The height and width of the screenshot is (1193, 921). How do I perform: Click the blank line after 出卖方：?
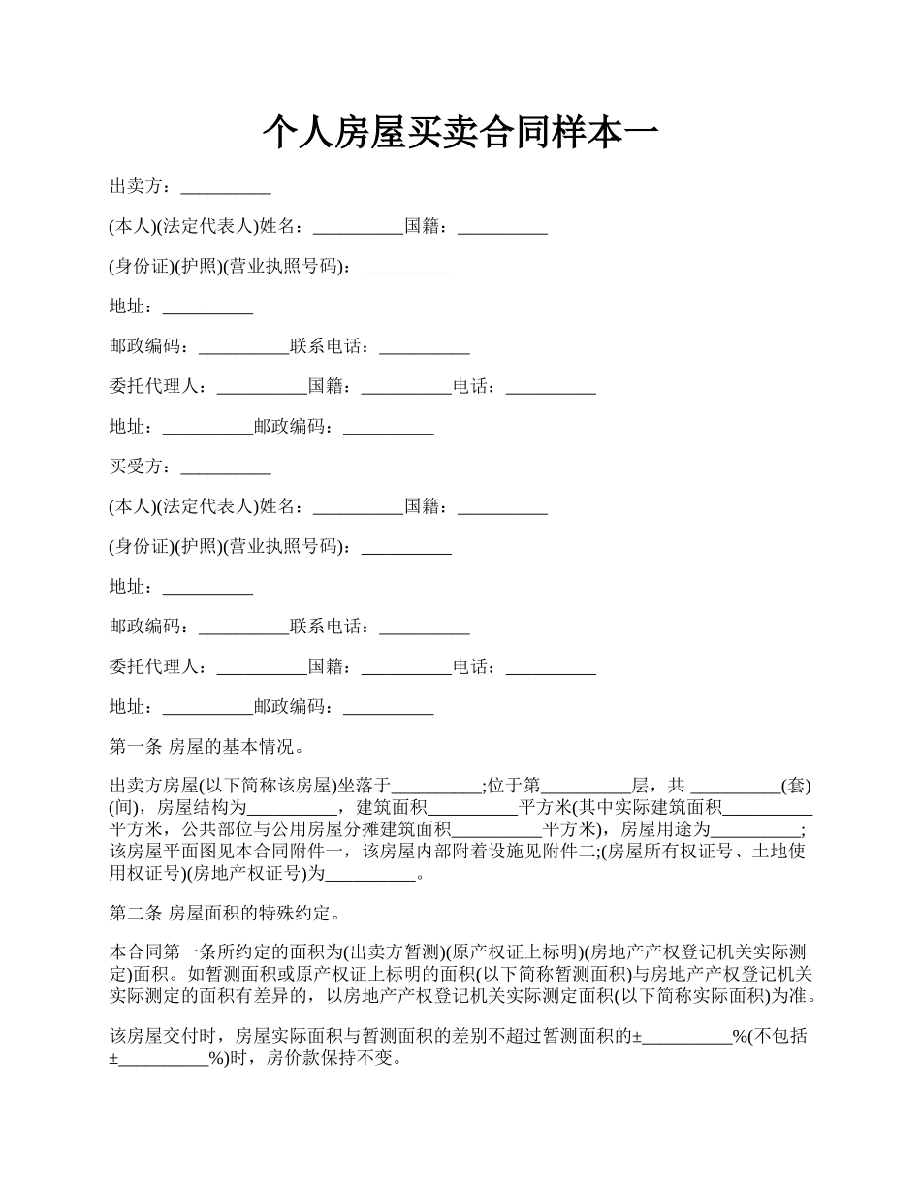pos(226,187)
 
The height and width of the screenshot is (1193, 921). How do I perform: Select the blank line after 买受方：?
pos(226,468)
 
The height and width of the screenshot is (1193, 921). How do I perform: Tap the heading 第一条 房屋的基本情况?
pos(207,747)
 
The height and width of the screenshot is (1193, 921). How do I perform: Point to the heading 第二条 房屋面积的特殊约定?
pos(224,914)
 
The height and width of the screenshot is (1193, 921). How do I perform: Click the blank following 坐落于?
pos(436,787)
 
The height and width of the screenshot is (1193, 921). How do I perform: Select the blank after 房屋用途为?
pos(756,830)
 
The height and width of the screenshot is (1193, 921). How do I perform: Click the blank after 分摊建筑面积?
pos(497,830)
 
